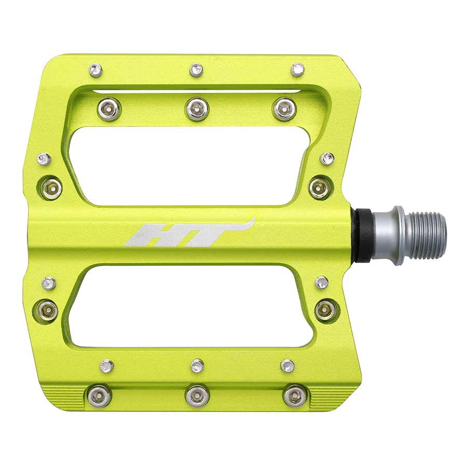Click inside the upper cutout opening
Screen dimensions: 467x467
pyautogui.click(x=192, y=165)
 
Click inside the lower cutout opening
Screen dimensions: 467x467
pyautogui.click(x=192, y=306)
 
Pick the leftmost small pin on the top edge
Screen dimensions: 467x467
pyautogui.click(x=95, y=70)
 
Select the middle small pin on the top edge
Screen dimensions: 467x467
pyautogui.click(x=196, y=70)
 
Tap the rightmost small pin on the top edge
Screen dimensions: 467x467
pyautogui.click(x=297, y=70)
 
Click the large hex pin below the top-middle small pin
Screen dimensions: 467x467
pyautogui.click(x=197, y=109)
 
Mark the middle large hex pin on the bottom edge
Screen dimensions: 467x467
pyautogui.click(x=197, y=396)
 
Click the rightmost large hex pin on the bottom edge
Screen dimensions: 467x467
pyautogui.click(x=295, y=396)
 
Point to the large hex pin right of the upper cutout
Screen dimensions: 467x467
pyautogui.click(x=320, y=187)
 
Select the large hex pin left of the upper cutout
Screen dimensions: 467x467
pyautogui.click(x=51, y=188)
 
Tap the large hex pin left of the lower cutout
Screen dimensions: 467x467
pyautogui.click(x=47, y=310)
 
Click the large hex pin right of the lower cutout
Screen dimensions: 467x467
pyautogui.click(x=325, y=310)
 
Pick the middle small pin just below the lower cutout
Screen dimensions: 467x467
pyautogui.click(x=197, y=366)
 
